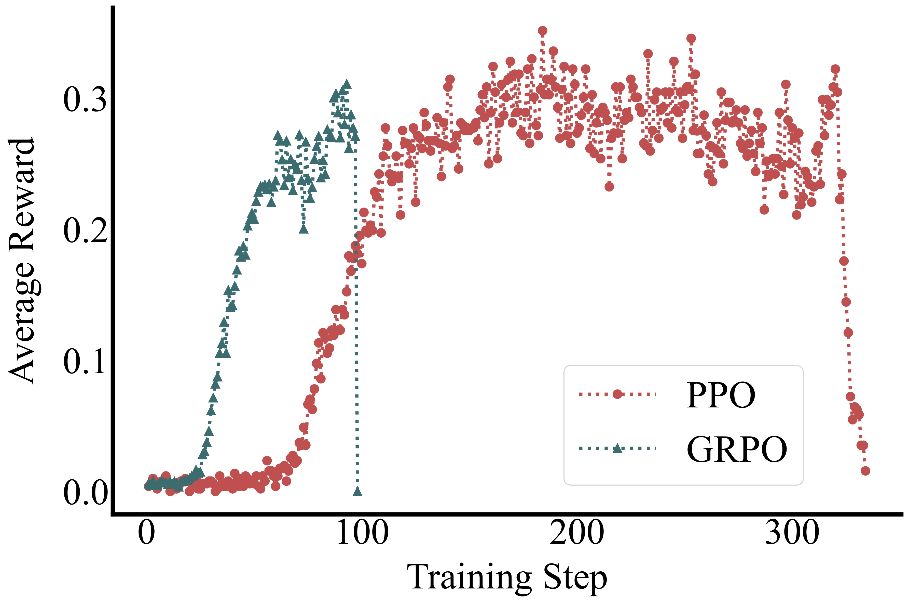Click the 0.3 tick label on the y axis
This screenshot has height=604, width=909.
pyautogui.click(x=85, y=100)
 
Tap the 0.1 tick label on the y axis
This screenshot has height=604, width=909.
pyautogui.click(x=85, y=362)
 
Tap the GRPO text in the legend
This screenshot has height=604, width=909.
pyautogui.click(x=737, y=449)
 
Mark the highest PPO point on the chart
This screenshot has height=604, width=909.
pyautogui.click(x=542, y=31)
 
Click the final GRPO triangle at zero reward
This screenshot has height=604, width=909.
pyautogui.click(x=357, y=491)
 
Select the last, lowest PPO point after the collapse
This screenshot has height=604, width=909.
pyautogui.click(x=865, y=471)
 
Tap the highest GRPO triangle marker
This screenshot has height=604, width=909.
pyautogui.click(x=347, y=84)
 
